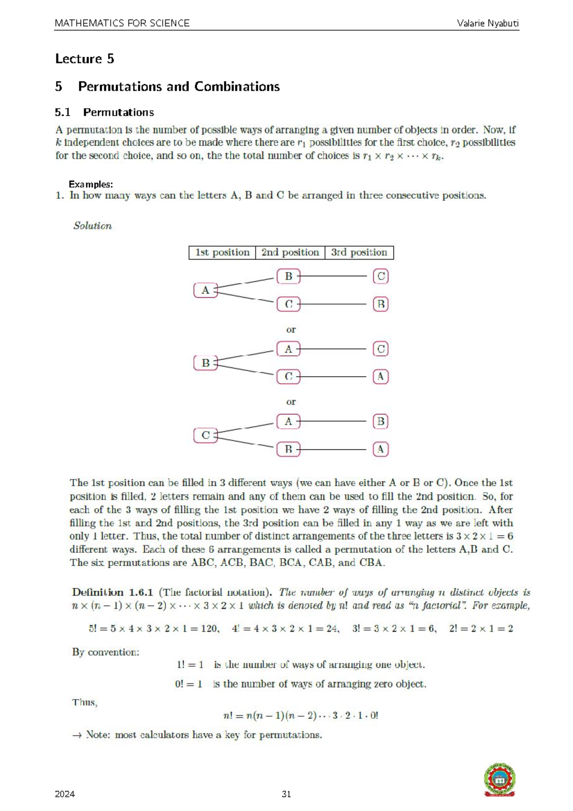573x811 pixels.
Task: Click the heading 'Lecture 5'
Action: (85, 59)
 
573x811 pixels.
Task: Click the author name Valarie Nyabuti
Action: (488, 23)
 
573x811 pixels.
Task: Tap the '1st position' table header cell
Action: (222, 252)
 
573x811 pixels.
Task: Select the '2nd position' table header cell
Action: (290, 252)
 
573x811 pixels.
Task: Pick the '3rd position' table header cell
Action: (359, 252)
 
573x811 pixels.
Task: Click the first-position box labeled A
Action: (205, 290)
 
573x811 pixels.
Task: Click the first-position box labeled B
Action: (205, 363)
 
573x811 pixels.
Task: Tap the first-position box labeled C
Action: (205, 435)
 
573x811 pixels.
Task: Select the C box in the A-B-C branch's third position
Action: (381, 276)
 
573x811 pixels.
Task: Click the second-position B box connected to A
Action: (288, 276)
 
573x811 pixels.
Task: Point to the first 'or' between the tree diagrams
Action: (291, 330)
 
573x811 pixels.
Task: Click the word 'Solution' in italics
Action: (93, 226)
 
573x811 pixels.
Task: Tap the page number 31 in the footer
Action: (286, 794)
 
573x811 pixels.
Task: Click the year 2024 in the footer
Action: (65, 794)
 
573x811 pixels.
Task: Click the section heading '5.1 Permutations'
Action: (104, 112)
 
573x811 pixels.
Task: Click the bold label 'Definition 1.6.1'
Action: (112, 592)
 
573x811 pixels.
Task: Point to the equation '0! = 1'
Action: (189, 684)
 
